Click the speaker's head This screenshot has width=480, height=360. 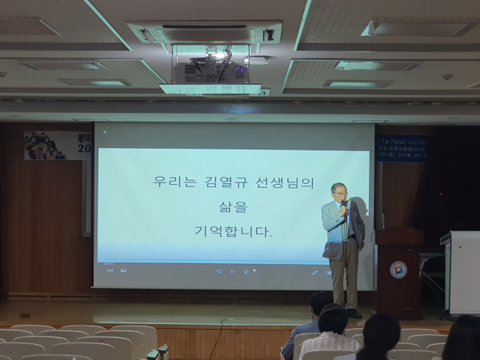[339, 193]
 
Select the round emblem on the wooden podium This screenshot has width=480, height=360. [398, 270]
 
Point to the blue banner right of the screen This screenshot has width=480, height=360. [402, 148]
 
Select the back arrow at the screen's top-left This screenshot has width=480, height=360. [105, 130]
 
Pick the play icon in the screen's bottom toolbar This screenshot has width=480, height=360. [232, 271]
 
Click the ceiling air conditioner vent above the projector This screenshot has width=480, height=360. [205, 34]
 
